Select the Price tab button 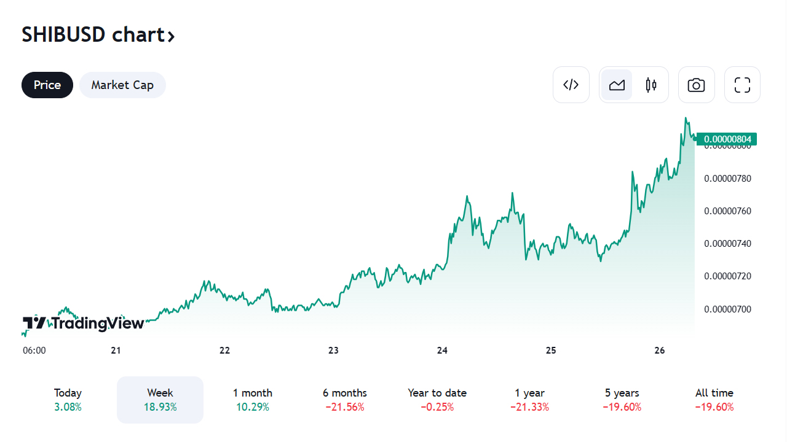pos(47,85)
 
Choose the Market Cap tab pos(122,85)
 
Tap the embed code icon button pos(571,85)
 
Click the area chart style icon pos(617,85)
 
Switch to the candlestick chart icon pos(651,85)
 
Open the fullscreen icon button pos(742,85)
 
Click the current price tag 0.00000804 pos(727,139)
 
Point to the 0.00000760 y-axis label pos(727,211)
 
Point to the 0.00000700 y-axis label pos(727,309)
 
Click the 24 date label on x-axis pos(442,351)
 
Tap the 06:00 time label pos(34,351)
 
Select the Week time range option pos(160,400)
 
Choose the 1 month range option pos(252,400)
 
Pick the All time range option pos(714,400)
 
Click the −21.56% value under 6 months pos(344,407)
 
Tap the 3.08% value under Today pos(68,407)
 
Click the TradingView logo pos(84,323)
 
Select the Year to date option pos(437,400)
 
